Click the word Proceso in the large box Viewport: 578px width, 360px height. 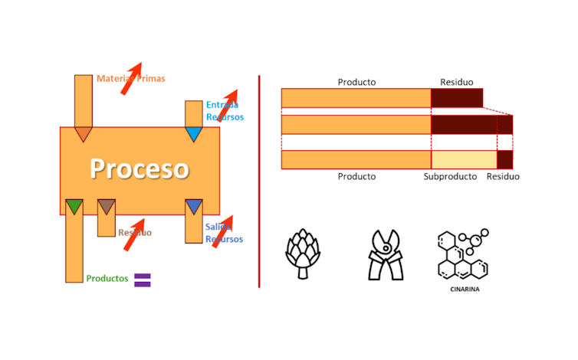click(x=139, y=169)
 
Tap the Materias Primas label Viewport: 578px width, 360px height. click(x=130, y=78)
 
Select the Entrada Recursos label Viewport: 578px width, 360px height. click(x=224, y=111)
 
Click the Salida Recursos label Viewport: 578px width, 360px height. click(x=223, y=233)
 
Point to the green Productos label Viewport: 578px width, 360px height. click(x=107, y=279)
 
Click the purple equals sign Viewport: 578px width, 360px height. click(x=143, y=280)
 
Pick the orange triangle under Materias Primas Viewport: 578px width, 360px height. click(x=83, y=134)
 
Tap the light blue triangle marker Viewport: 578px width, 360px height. click(x=194, y=134)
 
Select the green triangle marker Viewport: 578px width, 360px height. click(x=74, y=206)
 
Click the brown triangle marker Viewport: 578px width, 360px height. click(x=107, y=206)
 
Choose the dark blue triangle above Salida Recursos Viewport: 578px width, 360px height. click(x=194, y=206)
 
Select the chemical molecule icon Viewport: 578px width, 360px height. click(x=461, y=254)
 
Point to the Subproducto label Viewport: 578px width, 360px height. click(x=449, y=177)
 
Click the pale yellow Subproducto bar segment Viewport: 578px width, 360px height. click(x=464, y=159)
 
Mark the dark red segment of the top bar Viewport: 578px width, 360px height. click(x=457, y=97)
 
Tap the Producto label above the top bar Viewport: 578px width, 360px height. click(x=356, y=82)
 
